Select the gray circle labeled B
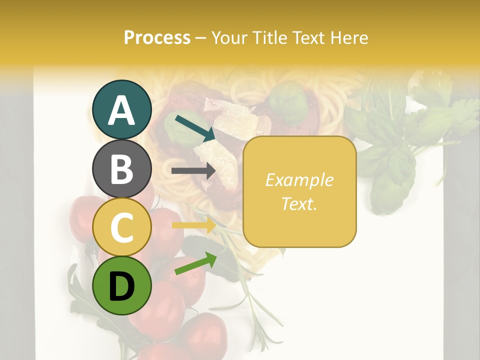click(x=122, y=168)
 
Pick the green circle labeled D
click(x=122, y=285)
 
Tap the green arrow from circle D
click(x=195, y=263)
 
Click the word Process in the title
click(x=157, y=38)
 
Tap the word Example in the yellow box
click(x=299, y=180)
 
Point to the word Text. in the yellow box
click(x=299, y=203)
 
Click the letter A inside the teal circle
click(x=122, y=110)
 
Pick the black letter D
click(x=122, y=286)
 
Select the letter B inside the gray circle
click(x=122, y=169)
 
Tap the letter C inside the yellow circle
click(x=122, y=227)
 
